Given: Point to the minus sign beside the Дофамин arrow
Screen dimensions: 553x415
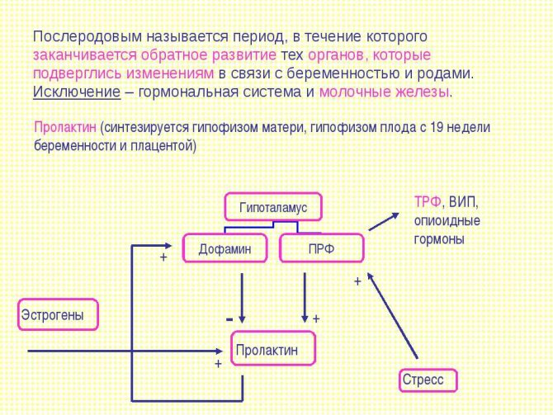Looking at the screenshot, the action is pos(229,319).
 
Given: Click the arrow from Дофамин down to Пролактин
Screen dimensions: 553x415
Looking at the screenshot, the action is pos(242,298).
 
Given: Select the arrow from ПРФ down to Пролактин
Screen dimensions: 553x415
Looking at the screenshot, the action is pos(305,298).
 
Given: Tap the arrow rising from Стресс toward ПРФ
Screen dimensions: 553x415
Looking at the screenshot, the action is pos(392,315).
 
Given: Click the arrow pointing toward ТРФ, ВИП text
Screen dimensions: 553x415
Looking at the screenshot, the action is pos(384,221).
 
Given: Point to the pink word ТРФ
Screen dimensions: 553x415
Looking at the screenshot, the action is pos(428,201).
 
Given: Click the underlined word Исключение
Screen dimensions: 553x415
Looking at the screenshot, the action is pos(77,92).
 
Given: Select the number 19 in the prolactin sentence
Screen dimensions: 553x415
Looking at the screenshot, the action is pos(437,127).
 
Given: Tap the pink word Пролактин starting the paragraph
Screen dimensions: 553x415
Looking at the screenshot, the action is pos(65,127).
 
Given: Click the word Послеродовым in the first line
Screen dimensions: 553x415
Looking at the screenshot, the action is pos(87,36).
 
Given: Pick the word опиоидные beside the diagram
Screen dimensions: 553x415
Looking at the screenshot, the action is pos(447,221).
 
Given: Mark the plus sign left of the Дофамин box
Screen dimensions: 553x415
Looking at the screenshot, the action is pos(163,257).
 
